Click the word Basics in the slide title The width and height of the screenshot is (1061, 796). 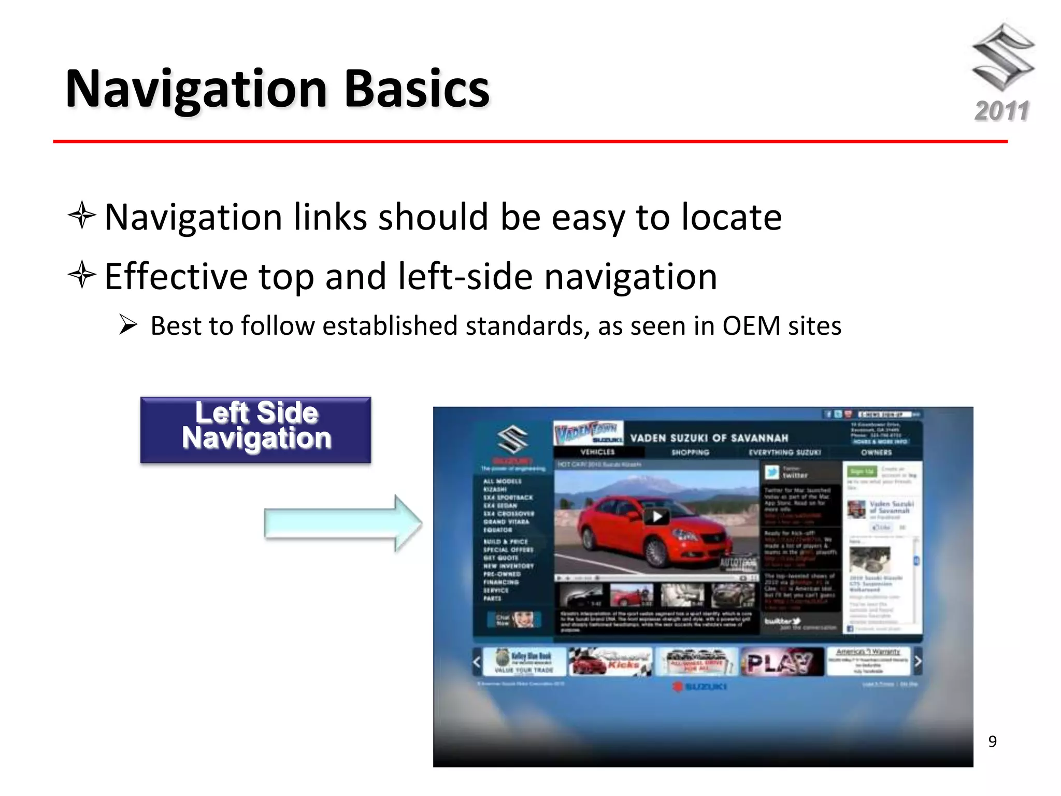[x=417, y=89]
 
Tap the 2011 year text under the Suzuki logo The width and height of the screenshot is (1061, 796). [x=1001, y=111]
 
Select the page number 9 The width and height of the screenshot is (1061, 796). [x=992, y=742]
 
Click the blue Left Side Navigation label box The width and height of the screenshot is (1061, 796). [x=256, y=430]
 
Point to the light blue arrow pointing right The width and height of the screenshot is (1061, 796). [x=342, y=523]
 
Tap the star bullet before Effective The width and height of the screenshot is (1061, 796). [x=82, y=275]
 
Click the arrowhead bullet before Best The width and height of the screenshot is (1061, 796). [x=128, y=325]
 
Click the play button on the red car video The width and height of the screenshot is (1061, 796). [x=657, y=516]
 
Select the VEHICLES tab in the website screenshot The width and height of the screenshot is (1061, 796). [x=597, y=452]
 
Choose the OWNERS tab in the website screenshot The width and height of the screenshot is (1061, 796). [x=876, y=452]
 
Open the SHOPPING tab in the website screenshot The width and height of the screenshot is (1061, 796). [x=690, y=452]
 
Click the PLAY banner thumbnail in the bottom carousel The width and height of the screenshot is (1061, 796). [x=781, y=662]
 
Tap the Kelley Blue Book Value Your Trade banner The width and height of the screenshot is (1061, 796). [x=524, y=662]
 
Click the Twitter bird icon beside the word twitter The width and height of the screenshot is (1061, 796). [x=772, y=472]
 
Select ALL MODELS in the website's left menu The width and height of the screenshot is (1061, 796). [x=502, y=481]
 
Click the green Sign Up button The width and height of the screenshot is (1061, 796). [x=862, y=471]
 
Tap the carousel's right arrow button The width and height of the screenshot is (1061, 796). [x=917, y=661]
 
